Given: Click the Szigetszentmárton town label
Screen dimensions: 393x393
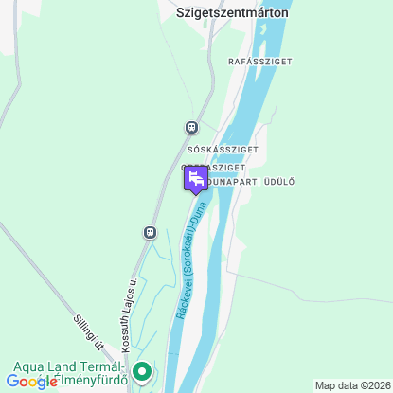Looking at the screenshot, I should click(232, 13).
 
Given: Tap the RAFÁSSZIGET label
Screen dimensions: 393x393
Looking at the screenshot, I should click(260, 62).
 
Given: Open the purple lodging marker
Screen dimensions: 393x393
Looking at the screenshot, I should click(195, 178).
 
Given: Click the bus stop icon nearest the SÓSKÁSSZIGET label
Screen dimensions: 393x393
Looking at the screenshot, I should click(191, 127).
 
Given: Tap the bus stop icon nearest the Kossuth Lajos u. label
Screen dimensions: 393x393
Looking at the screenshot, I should click(150, 231).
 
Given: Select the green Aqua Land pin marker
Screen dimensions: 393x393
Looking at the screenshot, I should click(142, 371).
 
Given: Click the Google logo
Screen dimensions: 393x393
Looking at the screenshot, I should click(32, 382).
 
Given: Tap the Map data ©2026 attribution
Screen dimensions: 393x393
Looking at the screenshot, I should click(351, 385).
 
